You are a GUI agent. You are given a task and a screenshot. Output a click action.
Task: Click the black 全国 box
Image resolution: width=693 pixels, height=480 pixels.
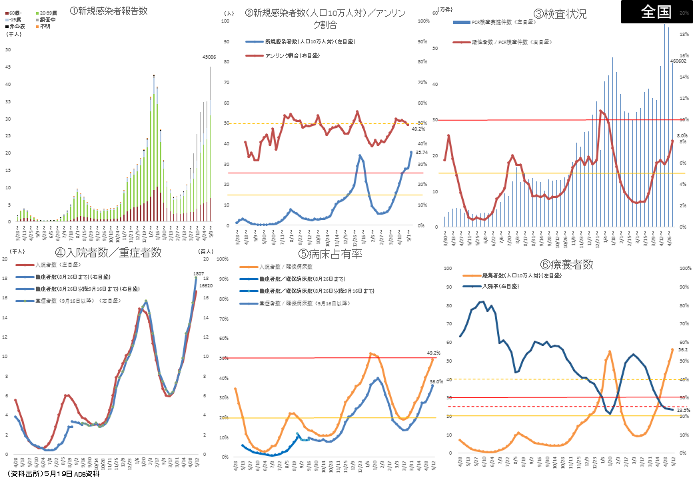[x=656, y=12]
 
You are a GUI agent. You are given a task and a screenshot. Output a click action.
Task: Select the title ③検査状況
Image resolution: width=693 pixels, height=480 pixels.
[x=560, y=13]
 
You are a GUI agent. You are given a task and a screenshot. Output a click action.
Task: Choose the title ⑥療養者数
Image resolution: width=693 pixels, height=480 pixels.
[x=566, y=264]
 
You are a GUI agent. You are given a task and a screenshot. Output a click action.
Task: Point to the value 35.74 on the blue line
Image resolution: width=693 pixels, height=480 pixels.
[x=420, y=153]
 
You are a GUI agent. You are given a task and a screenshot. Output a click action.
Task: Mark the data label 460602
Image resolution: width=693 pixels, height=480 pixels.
[x=678, y=61]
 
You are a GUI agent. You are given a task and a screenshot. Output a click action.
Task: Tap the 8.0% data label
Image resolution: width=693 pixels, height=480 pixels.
[x=682, y=135]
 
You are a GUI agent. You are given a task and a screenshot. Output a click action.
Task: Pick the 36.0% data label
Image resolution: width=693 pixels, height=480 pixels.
[x=436, y=381]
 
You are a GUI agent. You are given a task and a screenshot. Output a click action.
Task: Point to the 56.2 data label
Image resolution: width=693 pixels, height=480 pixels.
[x=682, y=349]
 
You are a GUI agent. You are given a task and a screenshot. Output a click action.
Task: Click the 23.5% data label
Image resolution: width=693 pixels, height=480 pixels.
[x=684, y=410]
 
